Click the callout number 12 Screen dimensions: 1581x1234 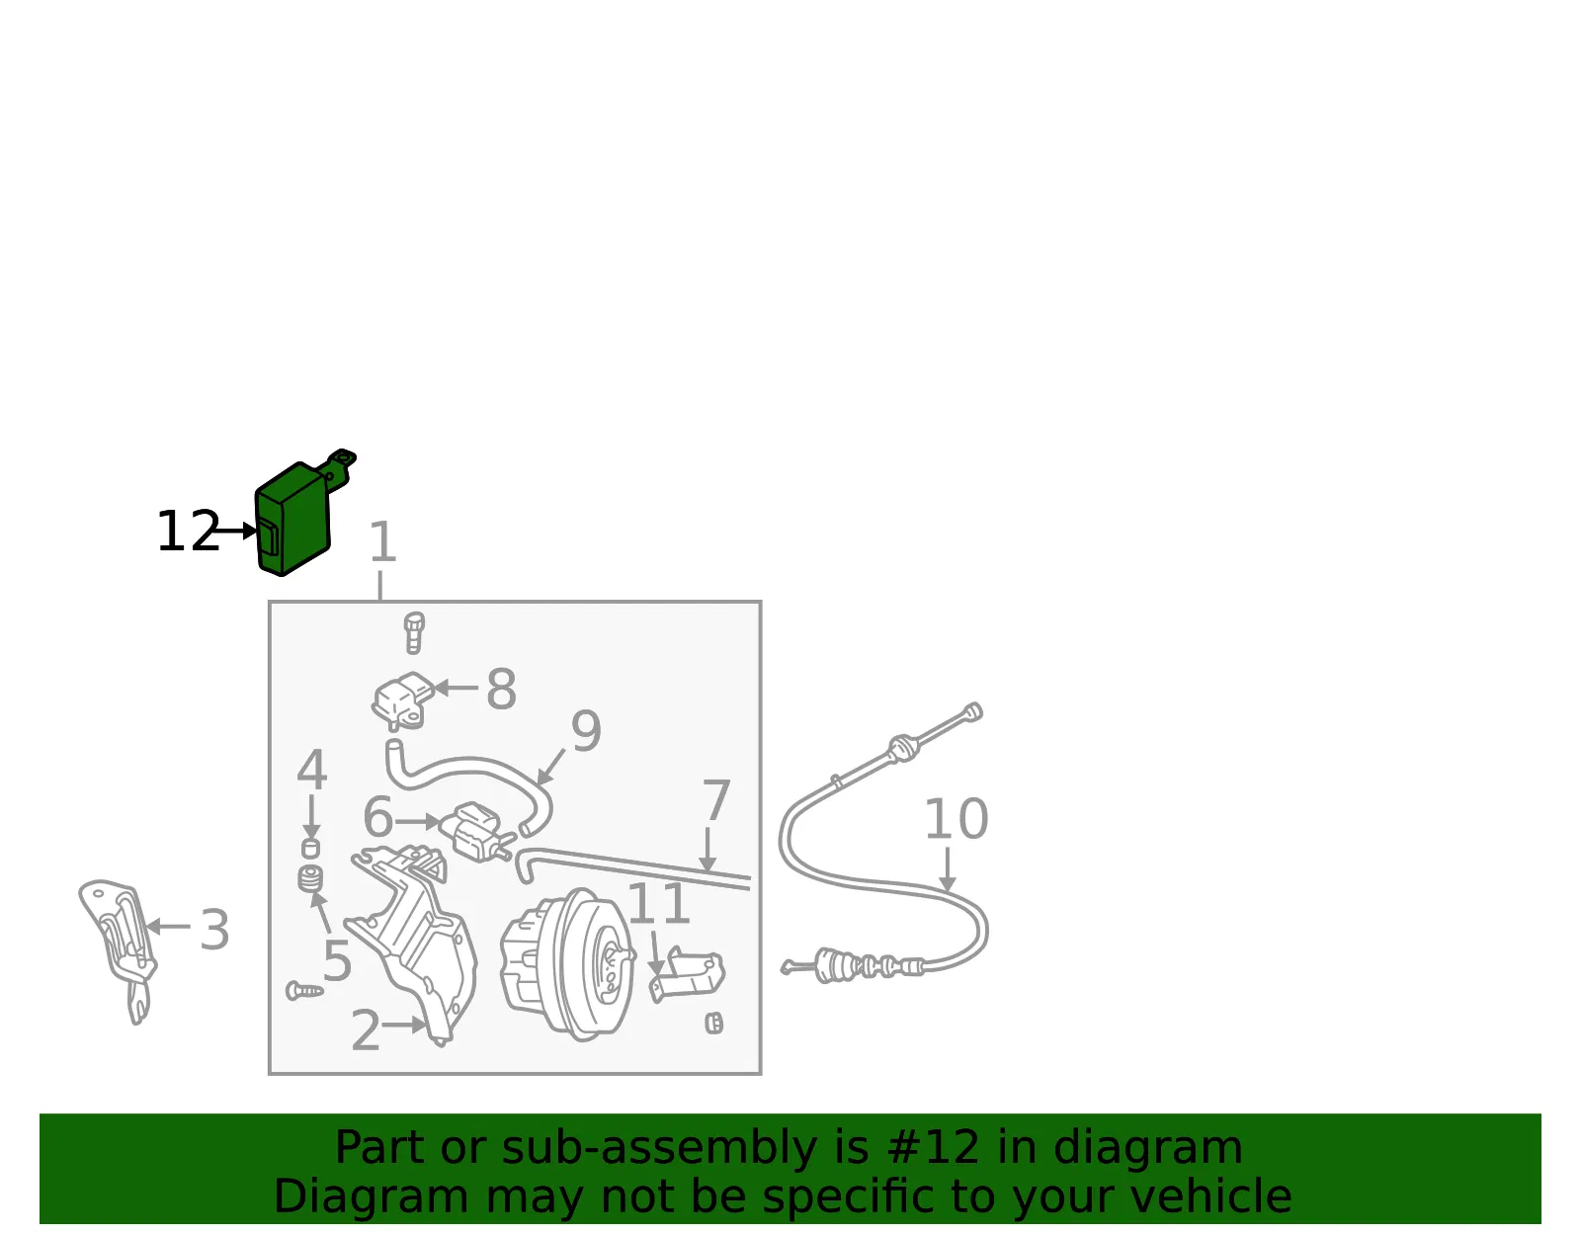coord(188,532)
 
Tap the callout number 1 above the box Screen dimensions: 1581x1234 coord(382,541)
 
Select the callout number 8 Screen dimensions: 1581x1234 coord(501,689)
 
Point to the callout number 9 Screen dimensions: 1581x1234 coord(586,731)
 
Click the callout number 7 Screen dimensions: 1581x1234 coord(716,800)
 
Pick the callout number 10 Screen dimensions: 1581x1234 coord(957,819)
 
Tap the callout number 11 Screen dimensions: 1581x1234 coord(658,904)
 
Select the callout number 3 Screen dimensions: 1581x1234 coord(215,930)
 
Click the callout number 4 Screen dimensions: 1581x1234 coord(312,770)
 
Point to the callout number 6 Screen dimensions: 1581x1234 coord(378,817)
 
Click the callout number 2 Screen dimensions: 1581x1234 coord(366,1030)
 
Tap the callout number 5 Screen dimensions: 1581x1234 coord(337,960)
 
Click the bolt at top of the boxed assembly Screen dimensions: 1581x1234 coord(414,632)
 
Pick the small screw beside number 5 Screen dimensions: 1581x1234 coord(305,990)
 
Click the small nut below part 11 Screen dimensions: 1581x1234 coord(714,1024)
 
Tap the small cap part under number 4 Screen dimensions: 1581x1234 coord(310,848)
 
